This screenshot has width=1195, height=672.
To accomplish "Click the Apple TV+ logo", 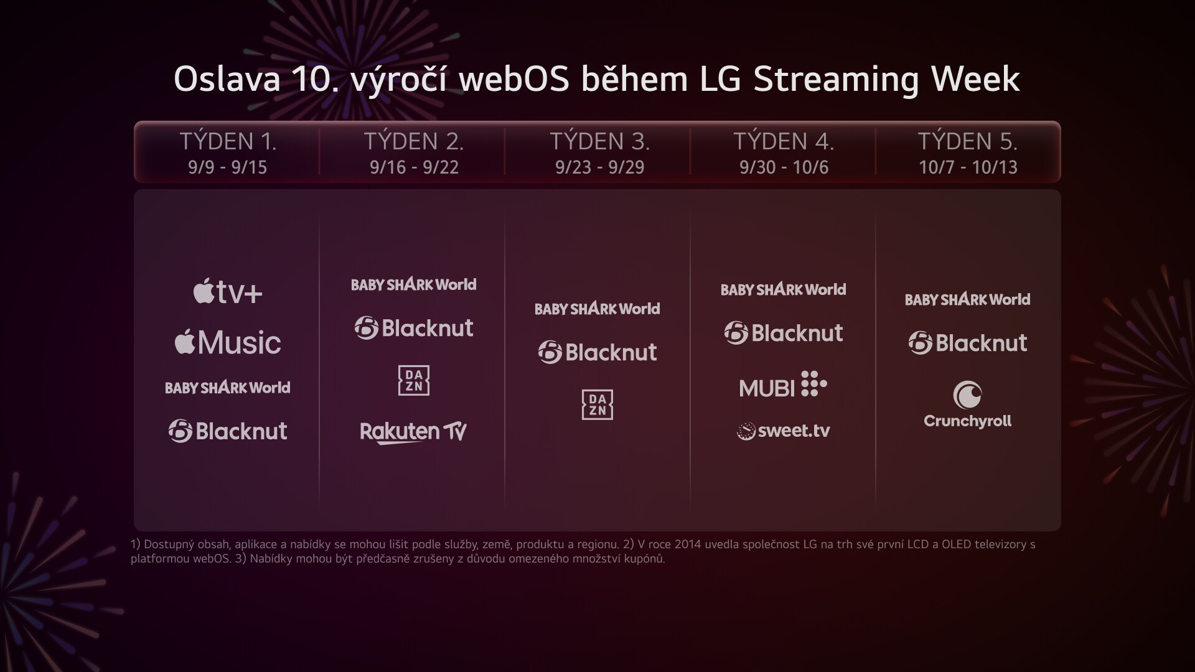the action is point(228,292).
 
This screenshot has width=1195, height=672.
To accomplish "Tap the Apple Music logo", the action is point(228,342).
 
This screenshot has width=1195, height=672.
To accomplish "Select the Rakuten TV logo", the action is point(413,432).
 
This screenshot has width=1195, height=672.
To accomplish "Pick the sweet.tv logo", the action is point(784,431).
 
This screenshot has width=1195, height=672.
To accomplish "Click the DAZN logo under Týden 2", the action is point(414,380).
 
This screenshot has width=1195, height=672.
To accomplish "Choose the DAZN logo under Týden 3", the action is point(597,404).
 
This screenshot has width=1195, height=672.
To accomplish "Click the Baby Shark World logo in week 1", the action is point(228,388).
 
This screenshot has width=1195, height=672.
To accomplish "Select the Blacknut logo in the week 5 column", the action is point(967,343).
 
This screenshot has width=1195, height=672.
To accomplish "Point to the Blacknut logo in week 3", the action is point(597,352).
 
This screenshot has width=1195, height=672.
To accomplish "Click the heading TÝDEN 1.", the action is point(228,141).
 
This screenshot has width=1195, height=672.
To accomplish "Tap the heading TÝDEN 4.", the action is point(784,141).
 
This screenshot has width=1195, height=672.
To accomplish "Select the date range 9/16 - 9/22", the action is point(414,167).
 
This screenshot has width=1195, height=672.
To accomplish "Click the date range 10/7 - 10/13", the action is point(968,167).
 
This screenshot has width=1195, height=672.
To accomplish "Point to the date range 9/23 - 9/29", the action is point(599,167).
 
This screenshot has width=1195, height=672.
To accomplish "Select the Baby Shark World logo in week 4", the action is point(784,289).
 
